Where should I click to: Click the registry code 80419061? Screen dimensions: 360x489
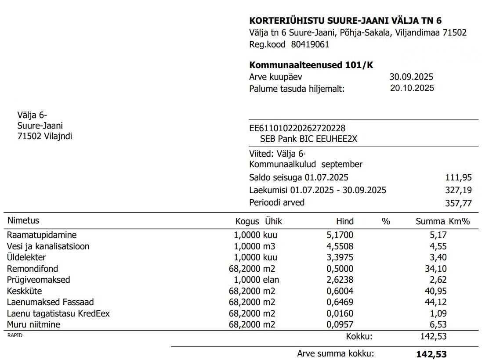[x=310, y=44]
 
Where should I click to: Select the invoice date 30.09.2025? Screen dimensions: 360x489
[x=411, y=77]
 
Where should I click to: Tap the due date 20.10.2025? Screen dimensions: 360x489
[x=412, y=88]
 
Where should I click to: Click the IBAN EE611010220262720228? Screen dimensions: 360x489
[x=297, y=128]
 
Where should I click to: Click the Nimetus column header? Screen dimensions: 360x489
[x=23, y=221]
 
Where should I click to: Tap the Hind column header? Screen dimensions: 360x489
[x=344, y=221]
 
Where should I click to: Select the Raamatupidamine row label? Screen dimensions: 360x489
[x=42, y=235]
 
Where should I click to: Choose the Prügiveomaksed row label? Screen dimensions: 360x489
[x=39, y=280]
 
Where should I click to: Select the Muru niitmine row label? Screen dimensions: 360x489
[x=34, y=324]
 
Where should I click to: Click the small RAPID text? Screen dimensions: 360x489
[x=14, y=335]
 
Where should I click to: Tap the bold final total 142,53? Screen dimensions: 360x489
[x=431, y=354]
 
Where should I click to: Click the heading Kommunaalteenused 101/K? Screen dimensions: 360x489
[x=311, y=65]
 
